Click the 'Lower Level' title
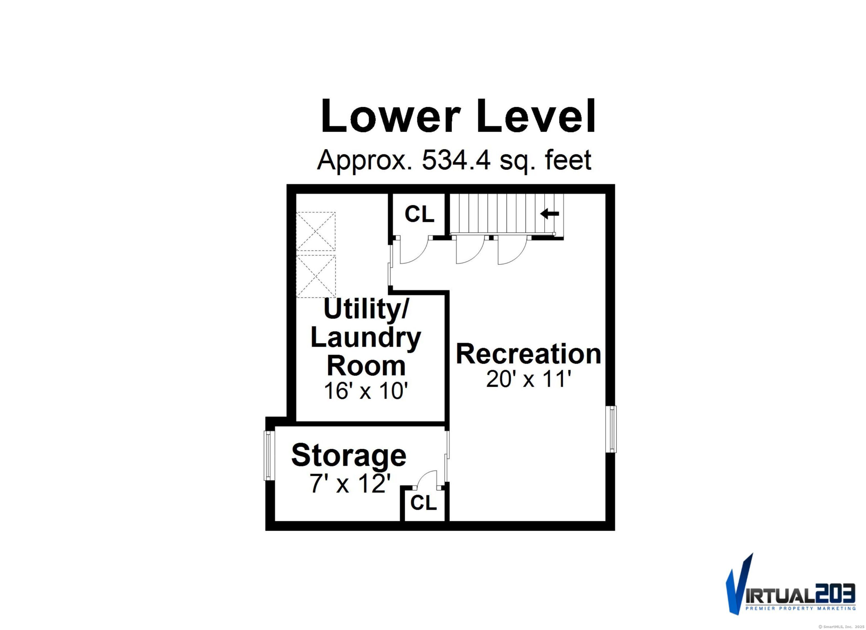tap(458, 115)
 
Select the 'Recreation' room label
tap(529, 354)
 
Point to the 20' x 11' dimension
tap(529, 379)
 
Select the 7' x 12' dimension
tap(350, 484)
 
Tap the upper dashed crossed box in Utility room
tap(316, 232)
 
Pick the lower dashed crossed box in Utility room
tap(316, 276)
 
